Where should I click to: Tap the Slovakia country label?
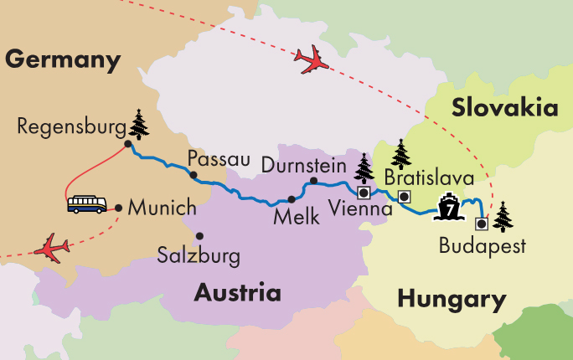[x=504, y=108]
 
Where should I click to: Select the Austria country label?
[x=237, y=293]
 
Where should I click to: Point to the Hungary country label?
[x=452, y=299]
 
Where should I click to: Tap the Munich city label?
[x=163, y=207]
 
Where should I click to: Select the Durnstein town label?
[x=303, y=166]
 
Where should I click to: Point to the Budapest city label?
[x=482, y=246]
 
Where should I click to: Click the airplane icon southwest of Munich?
[x=52, y=248]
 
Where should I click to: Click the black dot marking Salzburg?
[x=199, y=235]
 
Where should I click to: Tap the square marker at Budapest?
[x=482, y=224]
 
